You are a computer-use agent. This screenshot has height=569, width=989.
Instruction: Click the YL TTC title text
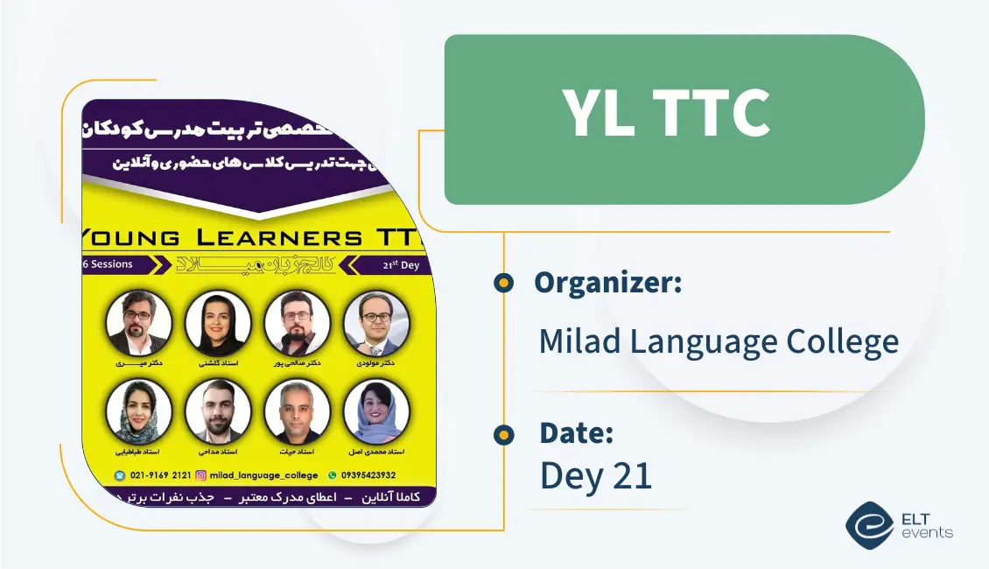(x=666, y=115)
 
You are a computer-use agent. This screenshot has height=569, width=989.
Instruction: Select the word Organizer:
(x=607, y=283)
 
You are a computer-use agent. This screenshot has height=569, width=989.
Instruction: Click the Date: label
(x=576, y=433)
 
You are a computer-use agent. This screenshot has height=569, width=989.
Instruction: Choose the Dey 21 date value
(x=595, y=475)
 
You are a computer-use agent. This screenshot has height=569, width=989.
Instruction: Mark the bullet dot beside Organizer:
(x=503, y=283)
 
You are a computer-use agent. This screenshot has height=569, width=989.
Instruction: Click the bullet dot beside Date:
(x=503, y=434)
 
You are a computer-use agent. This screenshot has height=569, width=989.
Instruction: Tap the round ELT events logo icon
(x=869, y=525)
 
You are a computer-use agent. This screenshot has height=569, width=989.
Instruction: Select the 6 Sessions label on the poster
(x=108, y=264)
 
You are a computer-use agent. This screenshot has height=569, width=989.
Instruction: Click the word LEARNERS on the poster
(x=288, y=237)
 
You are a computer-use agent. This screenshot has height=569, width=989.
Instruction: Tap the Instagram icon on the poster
(x=200, y=475)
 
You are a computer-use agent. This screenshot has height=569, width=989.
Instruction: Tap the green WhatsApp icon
(x=332, y=475)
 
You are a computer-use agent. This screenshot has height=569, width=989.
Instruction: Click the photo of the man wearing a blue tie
(x=375, y=323)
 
